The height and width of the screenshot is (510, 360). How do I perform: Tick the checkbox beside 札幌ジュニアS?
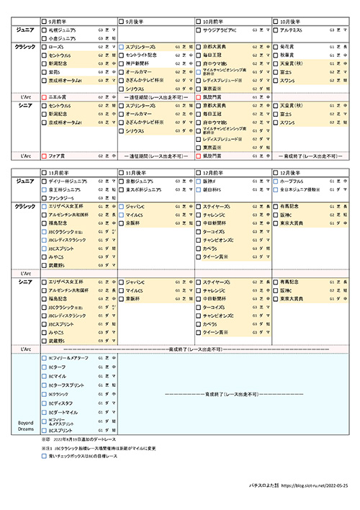(x=44, y=32)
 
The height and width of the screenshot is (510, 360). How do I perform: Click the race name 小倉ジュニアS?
(x=62, y=40)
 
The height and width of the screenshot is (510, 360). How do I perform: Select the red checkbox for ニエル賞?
(x=44, y=95)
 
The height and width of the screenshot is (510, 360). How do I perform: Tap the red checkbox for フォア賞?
(x=44, y=155)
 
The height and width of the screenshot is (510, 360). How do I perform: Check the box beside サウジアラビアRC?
(x=199, y=32)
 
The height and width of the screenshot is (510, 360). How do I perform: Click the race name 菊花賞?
(x=289, y=46)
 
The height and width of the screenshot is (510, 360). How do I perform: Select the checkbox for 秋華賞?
(x=276, y=55)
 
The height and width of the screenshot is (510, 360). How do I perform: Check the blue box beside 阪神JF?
(x=199, y=183)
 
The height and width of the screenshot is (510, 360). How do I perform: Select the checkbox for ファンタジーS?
(x=44, y=197)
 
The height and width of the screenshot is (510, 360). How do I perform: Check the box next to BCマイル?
(x=44, y=376)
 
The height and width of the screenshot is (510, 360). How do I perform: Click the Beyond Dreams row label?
(x=26, y=426)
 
